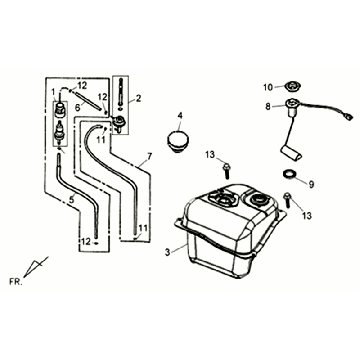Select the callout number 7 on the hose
tap(147, 157)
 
